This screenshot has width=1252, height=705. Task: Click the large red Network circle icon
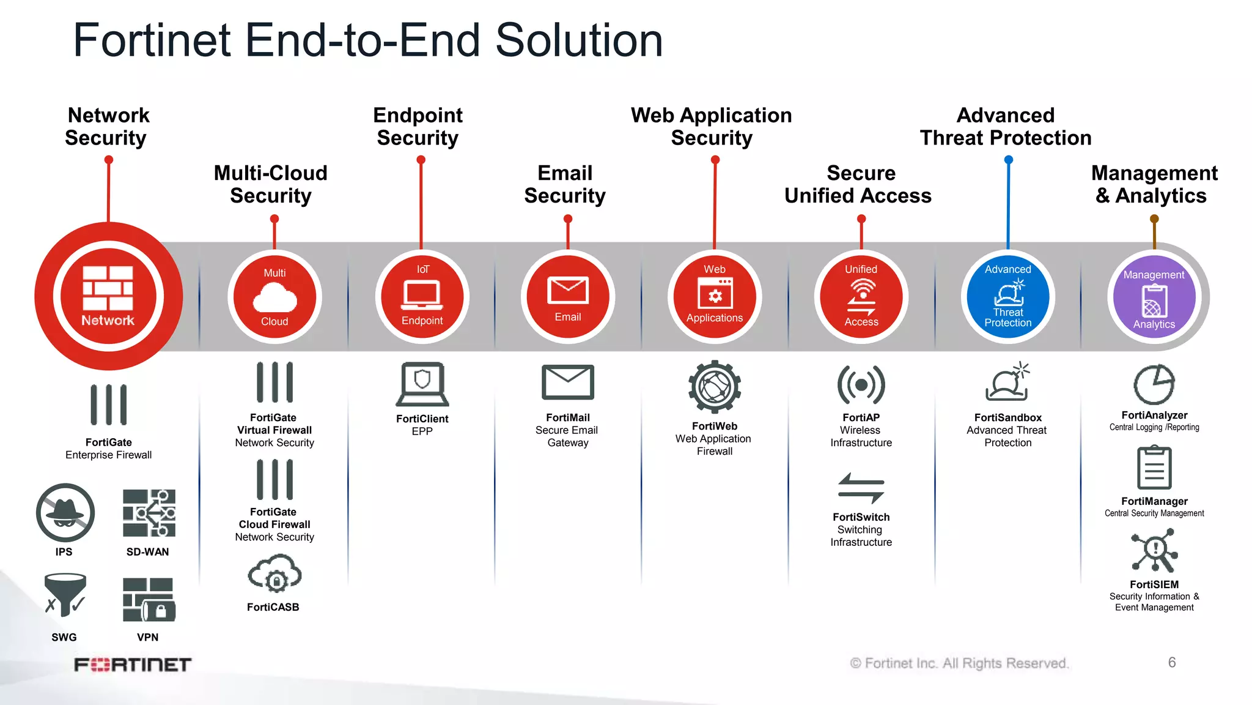tap(108, 296)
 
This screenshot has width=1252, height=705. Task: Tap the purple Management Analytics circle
tap(1154, 297)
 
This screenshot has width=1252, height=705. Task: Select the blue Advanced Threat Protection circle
tap(1007, 297)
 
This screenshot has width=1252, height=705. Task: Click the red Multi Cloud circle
tap(274, 297)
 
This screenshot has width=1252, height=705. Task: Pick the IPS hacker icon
tap(65, 513)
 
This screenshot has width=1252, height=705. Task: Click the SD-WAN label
tap(147, 552)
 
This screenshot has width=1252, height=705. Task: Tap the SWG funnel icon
tap(65, 594)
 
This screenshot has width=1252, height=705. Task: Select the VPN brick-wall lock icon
tap(149, 600)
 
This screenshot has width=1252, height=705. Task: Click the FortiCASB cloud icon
tap(274, 574)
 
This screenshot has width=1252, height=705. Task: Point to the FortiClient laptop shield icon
tap(422, 384)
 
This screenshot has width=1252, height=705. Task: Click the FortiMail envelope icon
tap(567, 382)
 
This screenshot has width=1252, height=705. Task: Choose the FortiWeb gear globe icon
tap(714, 387)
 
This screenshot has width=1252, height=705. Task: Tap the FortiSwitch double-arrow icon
tap(861, 488)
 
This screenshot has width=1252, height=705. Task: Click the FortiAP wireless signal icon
tap(861, 385)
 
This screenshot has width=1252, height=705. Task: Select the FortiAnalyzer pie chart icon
tap(1154, 384)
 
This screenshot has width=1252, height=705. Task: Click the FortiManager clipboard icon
tap(1154, 468)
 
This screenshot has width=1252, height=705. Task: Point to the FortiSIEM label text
tap(1154, 584)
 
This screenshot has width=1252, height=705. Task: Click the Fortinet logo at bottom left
tap(133, 665)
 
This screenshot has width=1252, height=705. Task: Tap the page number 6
tap(1171, 662)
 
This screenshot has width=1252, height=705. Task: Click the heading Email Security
tap(565, 184)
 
